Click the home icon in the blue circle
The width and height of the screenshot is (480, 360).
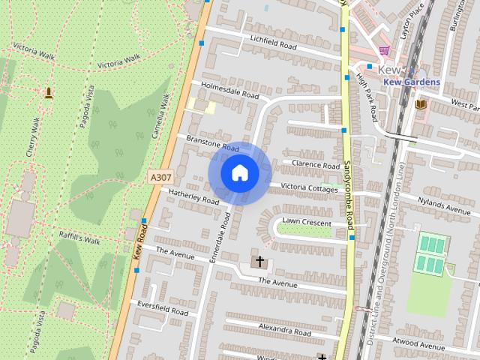239,172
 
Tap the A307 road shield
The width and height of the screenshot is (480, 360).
157,177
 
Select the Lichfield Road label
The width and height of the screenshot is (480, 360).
274,43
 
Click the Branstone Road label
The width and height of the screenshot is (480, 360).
212,143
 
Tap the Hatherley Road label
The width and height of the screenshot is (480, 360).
193,197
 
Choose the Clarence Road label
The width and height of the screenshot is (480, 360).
316,164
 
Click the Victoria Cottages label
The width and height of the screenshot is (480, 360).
309,187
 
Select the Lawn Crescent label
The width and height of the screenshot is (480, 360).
307,221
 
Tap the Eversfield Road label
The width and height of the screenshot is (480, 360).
162,307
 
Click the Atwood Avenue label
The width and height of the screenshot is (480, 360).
418,344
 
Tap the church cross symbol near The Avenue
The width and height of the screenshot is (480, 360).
259,262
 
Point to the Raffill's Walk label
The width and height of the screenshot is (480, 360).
79,237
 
